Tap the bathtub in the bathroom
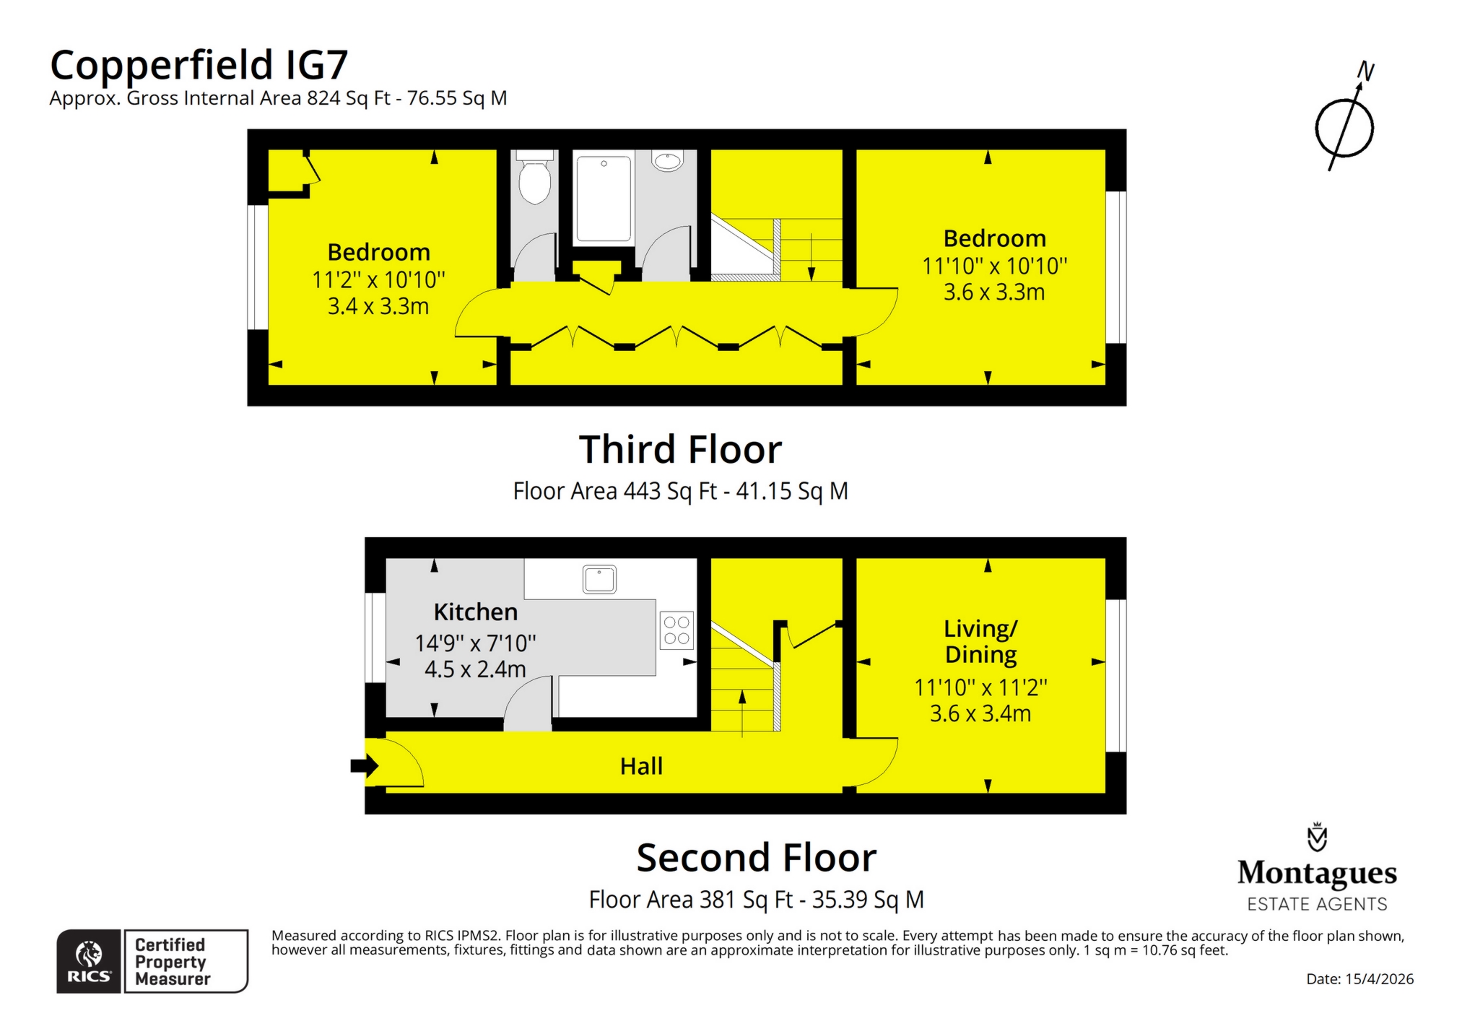click(x=604, y=198)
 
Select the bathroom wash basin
click(x=668, y=160)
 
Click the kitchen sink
click(x=599, y=579)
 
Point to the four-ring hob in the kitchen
click(x=676, y=630)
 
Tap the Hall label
click(x=641, y=766)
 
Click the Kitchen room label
click(x=475, y=612)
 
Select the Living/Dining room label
click(x=980, y=641)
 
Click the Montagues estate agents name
click(x=1317, y=873)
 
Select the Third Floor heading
click(x=680, y=450)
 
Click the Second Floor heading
click(x=756, y=858)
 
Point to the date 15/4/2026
click(x=1359, y=979)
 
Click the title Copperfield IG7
click(x=199, y=65)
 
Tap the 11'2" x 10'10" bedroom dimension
click(x=378, y=280)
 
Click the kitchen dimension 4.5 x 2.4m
click(x=475, y=669)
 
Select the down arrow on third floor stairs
click(x=812, y=260)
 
